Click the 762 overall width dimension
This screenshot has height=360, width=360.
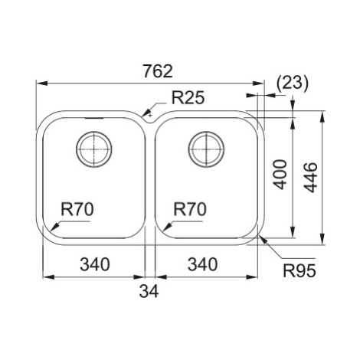pyautogui.click(x=158, y=71)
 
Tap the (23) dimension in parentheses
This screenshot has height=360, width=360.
pyautogui.click(x=293, y=83)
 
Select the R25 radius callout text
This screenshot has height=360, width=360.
pyautogui.click(x=188, y=98)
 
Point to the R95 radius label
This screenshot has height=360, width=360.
pyautogui.click(x=299, y=270)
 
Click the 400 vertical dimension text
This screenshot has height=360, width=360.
pyautogui.click(x=280, y=175)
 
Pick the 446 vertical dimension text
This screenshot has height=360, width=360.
pyautogui.click(x=311, y=178)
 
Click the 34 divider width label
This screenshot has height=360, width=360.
pyautogui.click(x=149, y=291)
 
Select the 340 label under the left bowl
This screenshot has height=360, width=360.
pyautogui.click(x=95, y=264)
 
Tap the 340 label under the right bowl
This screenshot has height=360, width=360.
pyautogui.click(x=202, y=264)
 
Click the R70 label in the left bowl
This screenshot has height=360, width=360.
pyautogui.click(x=77, y=209)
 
